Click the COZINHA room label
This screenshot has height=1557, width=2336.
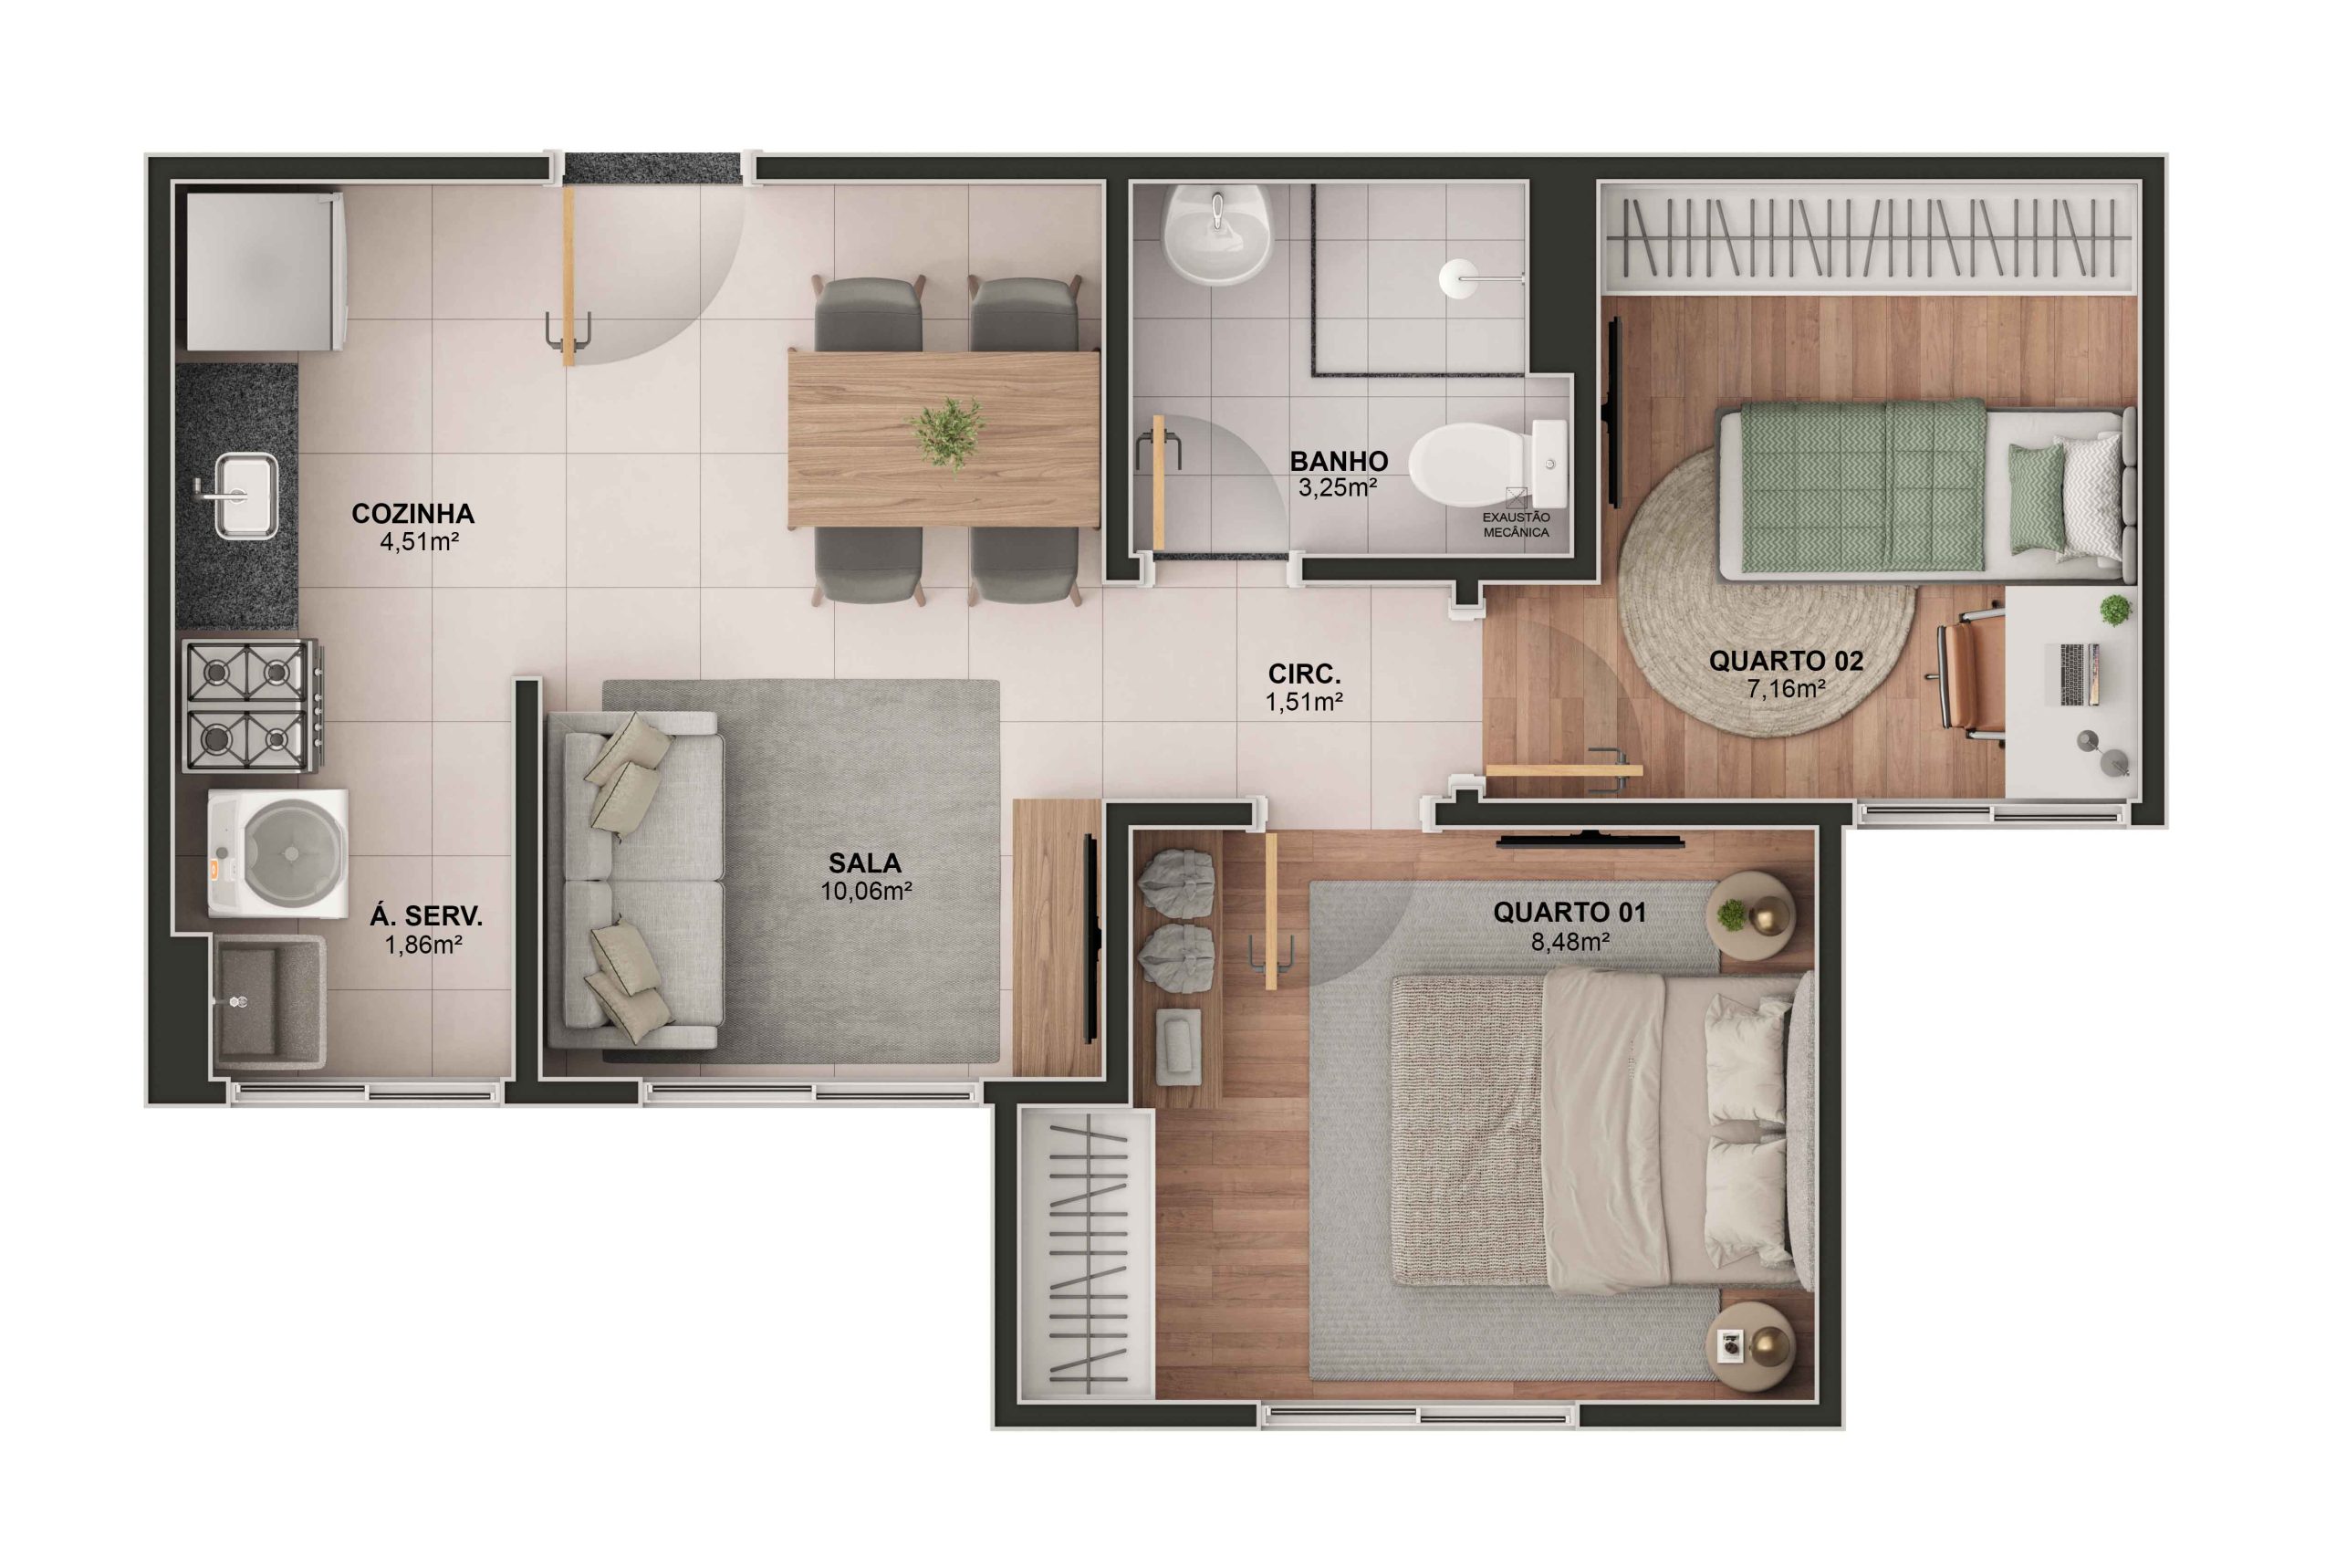pos(412,514)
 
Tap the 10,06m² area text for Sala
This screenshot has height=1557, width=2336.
pos(866,892)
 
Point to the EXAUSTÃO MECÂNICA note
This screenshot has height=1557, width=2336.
pos(1515,524)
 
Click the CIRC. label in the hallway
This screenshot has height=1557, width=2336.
pos(1304,674)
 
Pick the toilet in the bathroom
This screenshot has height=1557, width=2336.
pos(1471,465)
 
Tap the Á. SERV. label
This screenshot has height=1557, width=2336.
pos(426,916)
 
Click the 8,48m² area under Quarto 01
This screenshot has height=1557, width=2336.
pos(1569,941)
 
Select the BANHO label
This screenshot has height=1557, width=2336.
pos(1339,461)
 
